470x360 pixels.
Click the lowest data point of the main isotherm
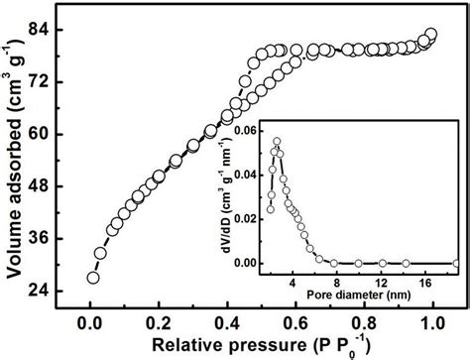pyautogui.click(x=93, y=277)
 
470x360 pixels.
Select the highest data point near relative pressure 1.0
pyautogui.click(x=429, y=35)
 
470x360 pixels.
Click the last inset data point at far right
pyautogui.click(x=455, y=263)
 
